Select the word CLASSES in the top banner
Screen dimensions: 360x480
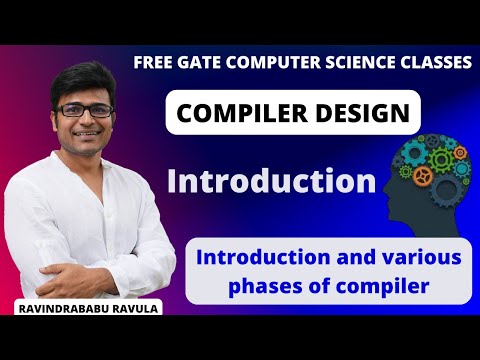(x=432, y=62)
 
